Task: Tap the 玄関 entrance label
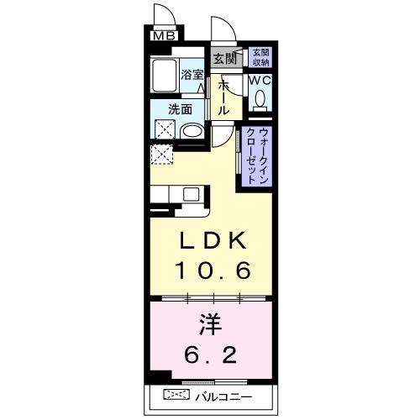(224, 58)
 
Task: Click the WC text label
(259, 81)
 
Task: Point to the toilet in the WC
(260, 100)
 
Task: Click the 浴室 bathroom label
(192, 74)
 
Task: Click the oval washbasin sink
(192, 131)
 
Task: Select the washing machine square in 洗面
(163, 129)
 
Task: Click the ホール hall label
(224, 97)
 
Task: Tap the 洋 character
(213, 324)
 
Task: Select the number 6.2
(213, 354)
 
